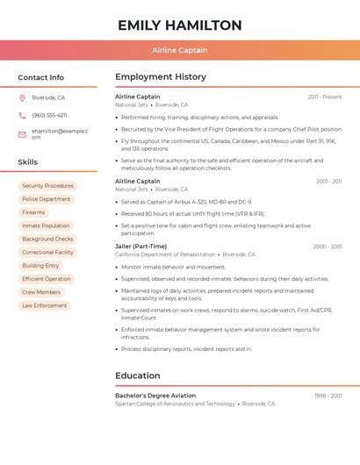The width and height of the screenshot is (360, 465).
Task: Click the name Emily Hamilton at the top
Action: (x=179, y=25)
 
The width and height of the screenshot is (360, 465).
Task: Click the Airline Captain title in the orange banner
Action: (x=179, y=51)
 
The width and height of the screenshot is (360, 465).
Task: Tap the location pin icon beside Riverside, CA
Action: (x=23, y=98)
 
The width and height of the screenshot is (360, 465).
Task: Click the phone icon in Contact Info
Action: (x=23, y=115)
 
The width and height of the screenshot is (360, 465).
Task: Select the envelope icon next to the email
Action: (x=23, y=133)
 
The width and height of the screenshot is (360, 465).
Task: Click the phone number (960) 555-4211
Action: (x=49, y=115)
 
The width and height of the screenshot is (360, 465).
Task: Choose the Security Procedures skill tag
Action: (x=47, y=186)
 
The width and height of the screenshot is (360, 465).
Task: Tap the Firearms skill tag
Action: (x=33, y=212)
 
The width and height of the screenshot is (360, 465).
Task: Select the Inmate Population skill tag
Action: (x=46, y=225)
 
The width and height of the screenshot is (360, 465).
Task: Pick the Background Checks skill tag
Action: (x=47, y=239)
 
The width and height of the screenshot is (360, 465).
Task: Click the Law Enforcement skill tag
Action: (x=44, y=305)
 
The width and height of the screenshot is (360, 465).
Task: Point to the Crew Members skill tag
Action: (x=41, y=292)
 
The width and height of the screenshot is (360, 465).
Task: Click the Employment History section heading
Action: (x=161, y=77)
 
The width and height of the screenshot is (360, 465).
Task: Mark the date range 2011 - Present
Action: (x=325, y=97)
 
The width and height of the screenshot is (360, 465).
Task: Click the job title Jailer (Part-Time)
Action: (x=140, y=247)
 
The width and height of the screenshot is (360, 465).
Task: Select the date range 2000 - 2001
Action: (x=328, y=247)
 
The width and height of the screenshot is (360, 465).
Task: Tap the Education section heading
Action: (x=137, y=376)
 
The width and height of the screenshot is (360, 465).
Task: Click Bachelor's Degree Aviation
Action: (x=155, y=396)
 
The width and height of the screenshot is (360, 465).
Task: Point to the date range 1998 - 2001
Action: (x=328, y=396)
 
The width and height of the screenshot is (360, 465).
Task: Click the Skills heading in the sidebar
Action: (x=28, y=162)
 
